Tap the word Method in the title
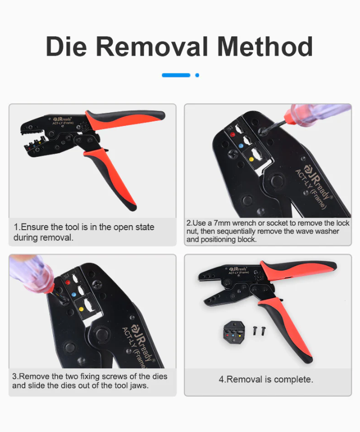(265, 47)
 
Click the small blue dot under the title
(197, 75)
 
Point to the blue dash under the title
(176, 75)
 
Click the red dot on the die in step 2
(232, 135)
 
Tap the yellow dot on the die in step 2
(252, 160)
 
